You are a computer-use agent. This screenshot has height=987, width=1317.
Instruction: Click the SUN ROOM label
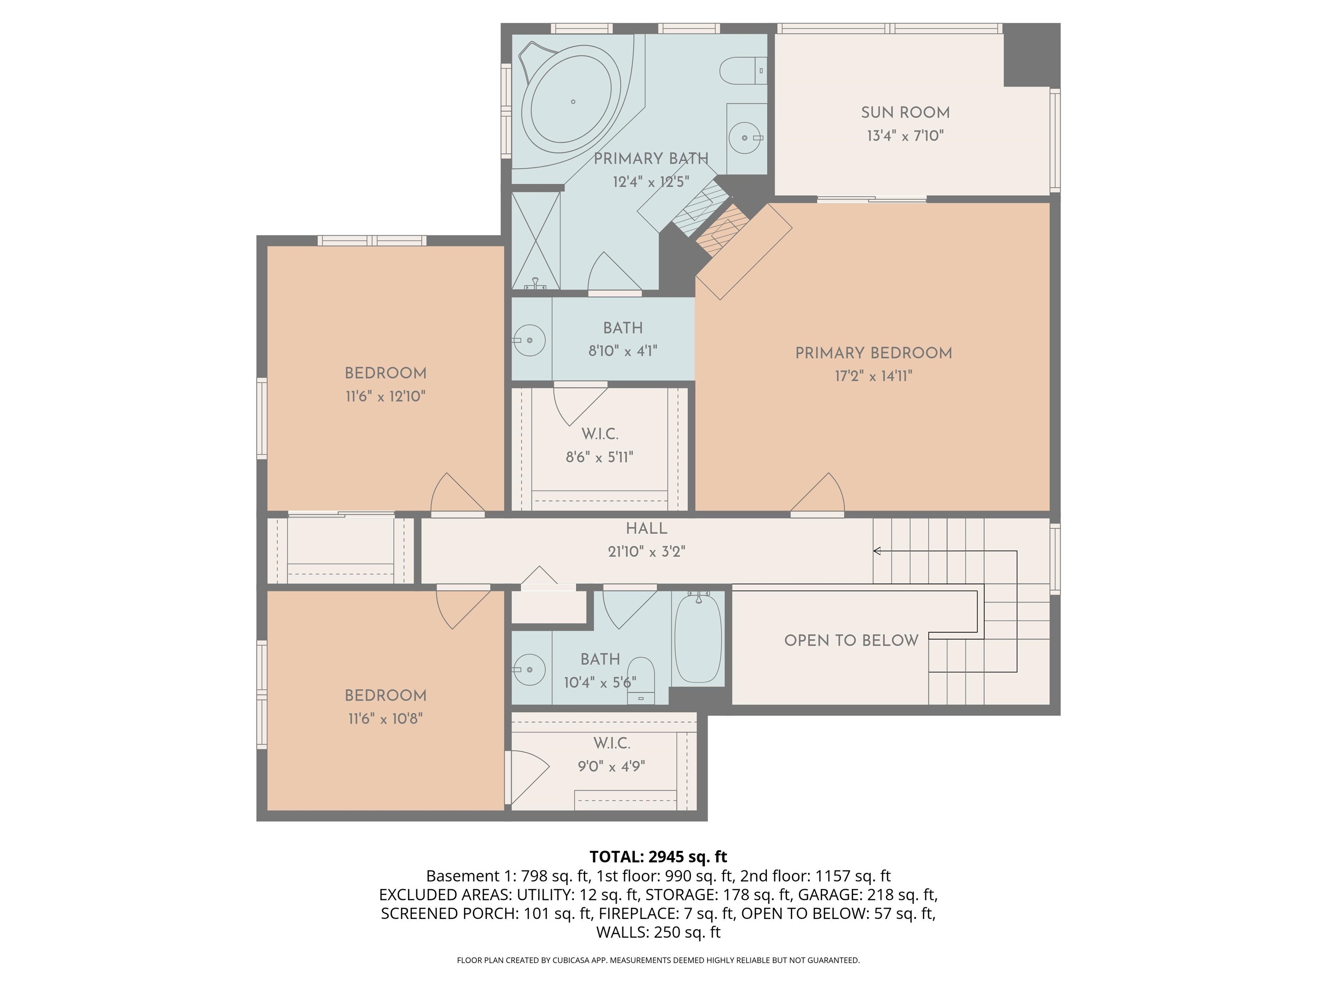click(x=905, y=112)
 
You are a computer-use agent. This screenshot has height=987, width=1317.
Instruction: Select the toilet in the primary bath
click(x=741, y=71)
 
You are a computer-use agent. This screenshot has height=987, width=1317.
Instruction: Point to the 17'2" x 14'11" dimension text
click(x=873, y=376)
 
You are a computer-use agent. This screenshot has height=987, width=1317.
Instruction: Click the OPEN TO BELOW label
click(x=851, y=641)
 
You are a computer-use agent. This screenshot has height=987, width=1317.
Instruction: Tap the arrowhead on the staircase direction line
click(x=876, y=551)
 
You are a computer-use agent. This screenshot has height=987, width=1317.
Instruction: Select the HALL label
click(x=646, y=528)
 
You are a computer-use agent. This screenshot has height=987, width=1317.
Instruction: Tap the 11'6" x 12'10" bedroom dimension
click(x=385, y=396)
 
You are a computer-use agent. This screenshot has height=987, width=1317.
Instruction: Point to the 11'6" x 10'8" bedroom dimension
click(x=385, y=719)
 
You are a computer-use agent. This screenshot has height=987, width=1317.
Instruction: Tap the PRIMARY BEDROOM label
click(x=873, y=353)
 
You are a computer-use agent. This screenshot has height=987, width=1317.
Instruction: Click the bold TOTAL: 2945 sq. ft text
click(x=658, y=857)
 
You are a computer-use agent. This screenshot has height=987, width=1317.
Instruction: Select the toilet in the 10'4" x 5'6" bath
click(x=641, y=678)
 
